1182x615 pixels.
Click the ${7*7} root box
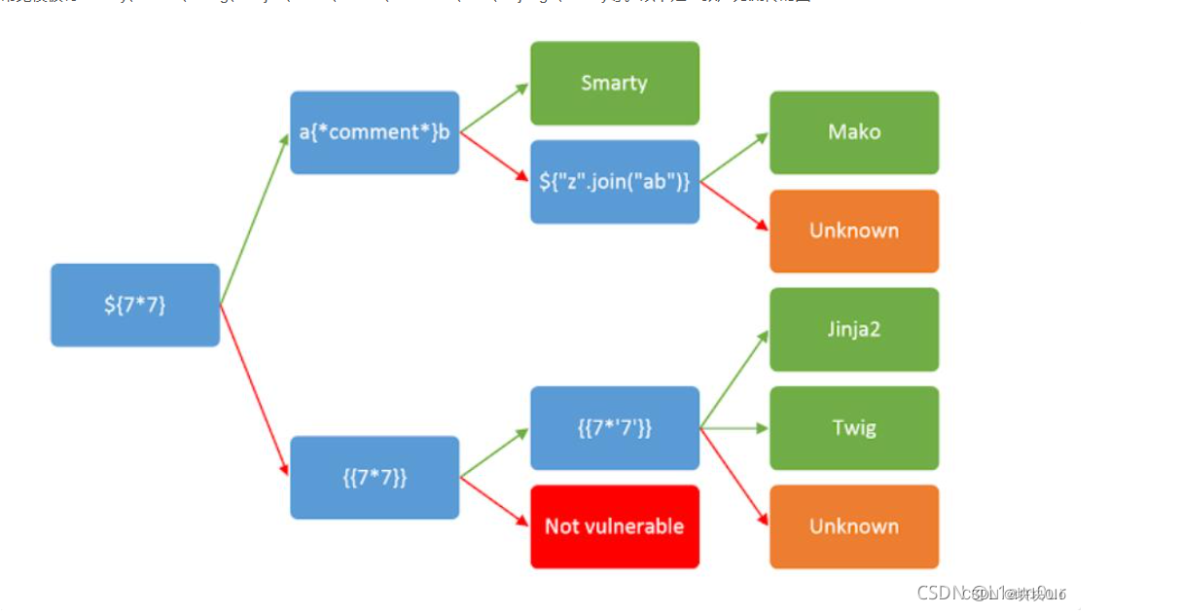135,305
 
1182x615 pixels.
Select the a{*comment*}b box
375,132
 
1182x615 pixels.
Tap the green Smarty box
614,83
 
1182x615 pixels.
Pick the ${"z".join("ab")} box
614,182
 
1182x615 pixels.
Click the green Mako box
854,132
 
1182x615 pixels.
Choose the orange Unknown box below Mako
854,231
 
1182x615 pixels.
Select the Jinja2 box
854,329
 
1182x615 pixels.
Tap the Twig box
854,428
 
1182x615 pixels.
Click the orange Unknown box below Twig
854,526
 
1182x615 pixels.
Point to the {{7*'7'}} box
614,428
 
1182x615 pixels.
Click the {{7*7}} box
375,477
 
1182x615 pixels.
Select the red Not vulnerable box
614,526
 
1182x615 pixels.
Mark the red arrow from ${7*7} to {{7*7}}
255,389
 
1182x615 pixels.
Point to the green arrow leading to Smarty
494,108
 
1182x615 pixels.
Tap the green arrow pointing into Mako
734,158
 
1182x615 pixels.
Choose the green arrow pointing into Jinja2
734,380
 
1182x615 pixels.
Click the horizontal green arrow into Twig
734,428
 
